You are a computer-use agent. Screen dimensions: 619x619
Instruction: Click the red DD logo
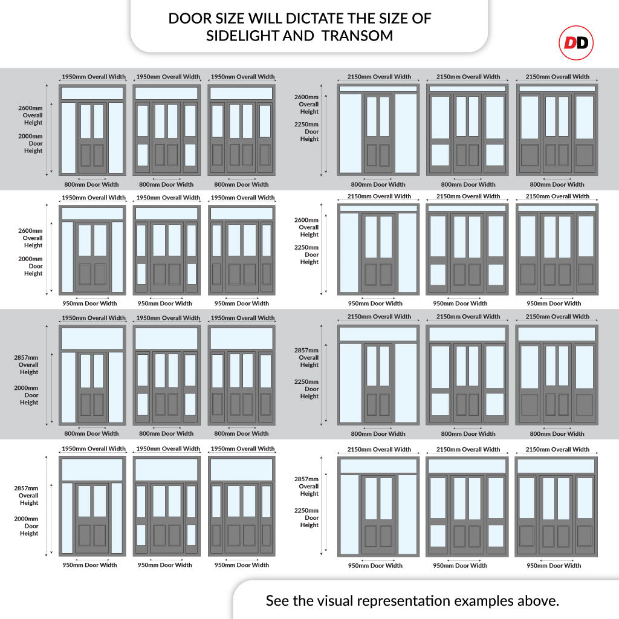coord(576,43)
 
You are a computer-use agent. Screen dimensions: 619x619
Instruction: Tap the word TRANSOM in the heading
coord(357,36)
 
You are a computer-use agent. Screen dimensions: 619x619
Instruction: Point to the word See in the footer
coord(277,600)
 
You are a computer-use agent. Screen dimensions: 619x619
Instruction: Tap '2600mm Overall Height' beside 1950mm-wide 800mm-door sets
coord(30,115)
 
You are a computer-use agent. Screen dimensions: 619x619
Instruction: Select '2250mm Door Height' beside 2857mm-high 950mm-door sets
coord(306,517)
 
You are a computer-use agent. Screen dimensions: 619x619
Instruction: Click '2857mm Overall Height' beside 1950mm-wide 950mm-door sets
coord(27,496)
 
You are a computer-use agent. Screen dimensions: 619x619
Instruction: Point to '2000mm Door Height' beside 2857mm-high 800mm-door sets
coord(27,395)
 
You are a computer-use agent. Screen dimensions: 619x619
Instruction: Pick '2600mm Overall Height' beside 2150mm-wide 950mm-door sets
coord(306,227)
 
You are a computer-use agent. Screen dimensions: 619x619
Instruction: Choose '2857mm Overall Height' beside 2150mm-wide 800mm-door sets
coord(306,357)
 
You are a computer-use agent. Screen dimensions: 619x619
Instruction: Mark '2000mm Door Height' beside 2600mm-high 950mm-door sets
coord(30,266)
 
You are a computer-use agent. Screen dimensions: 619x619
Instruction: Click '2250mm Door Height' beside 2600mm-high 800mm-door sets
coord(306,131)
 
